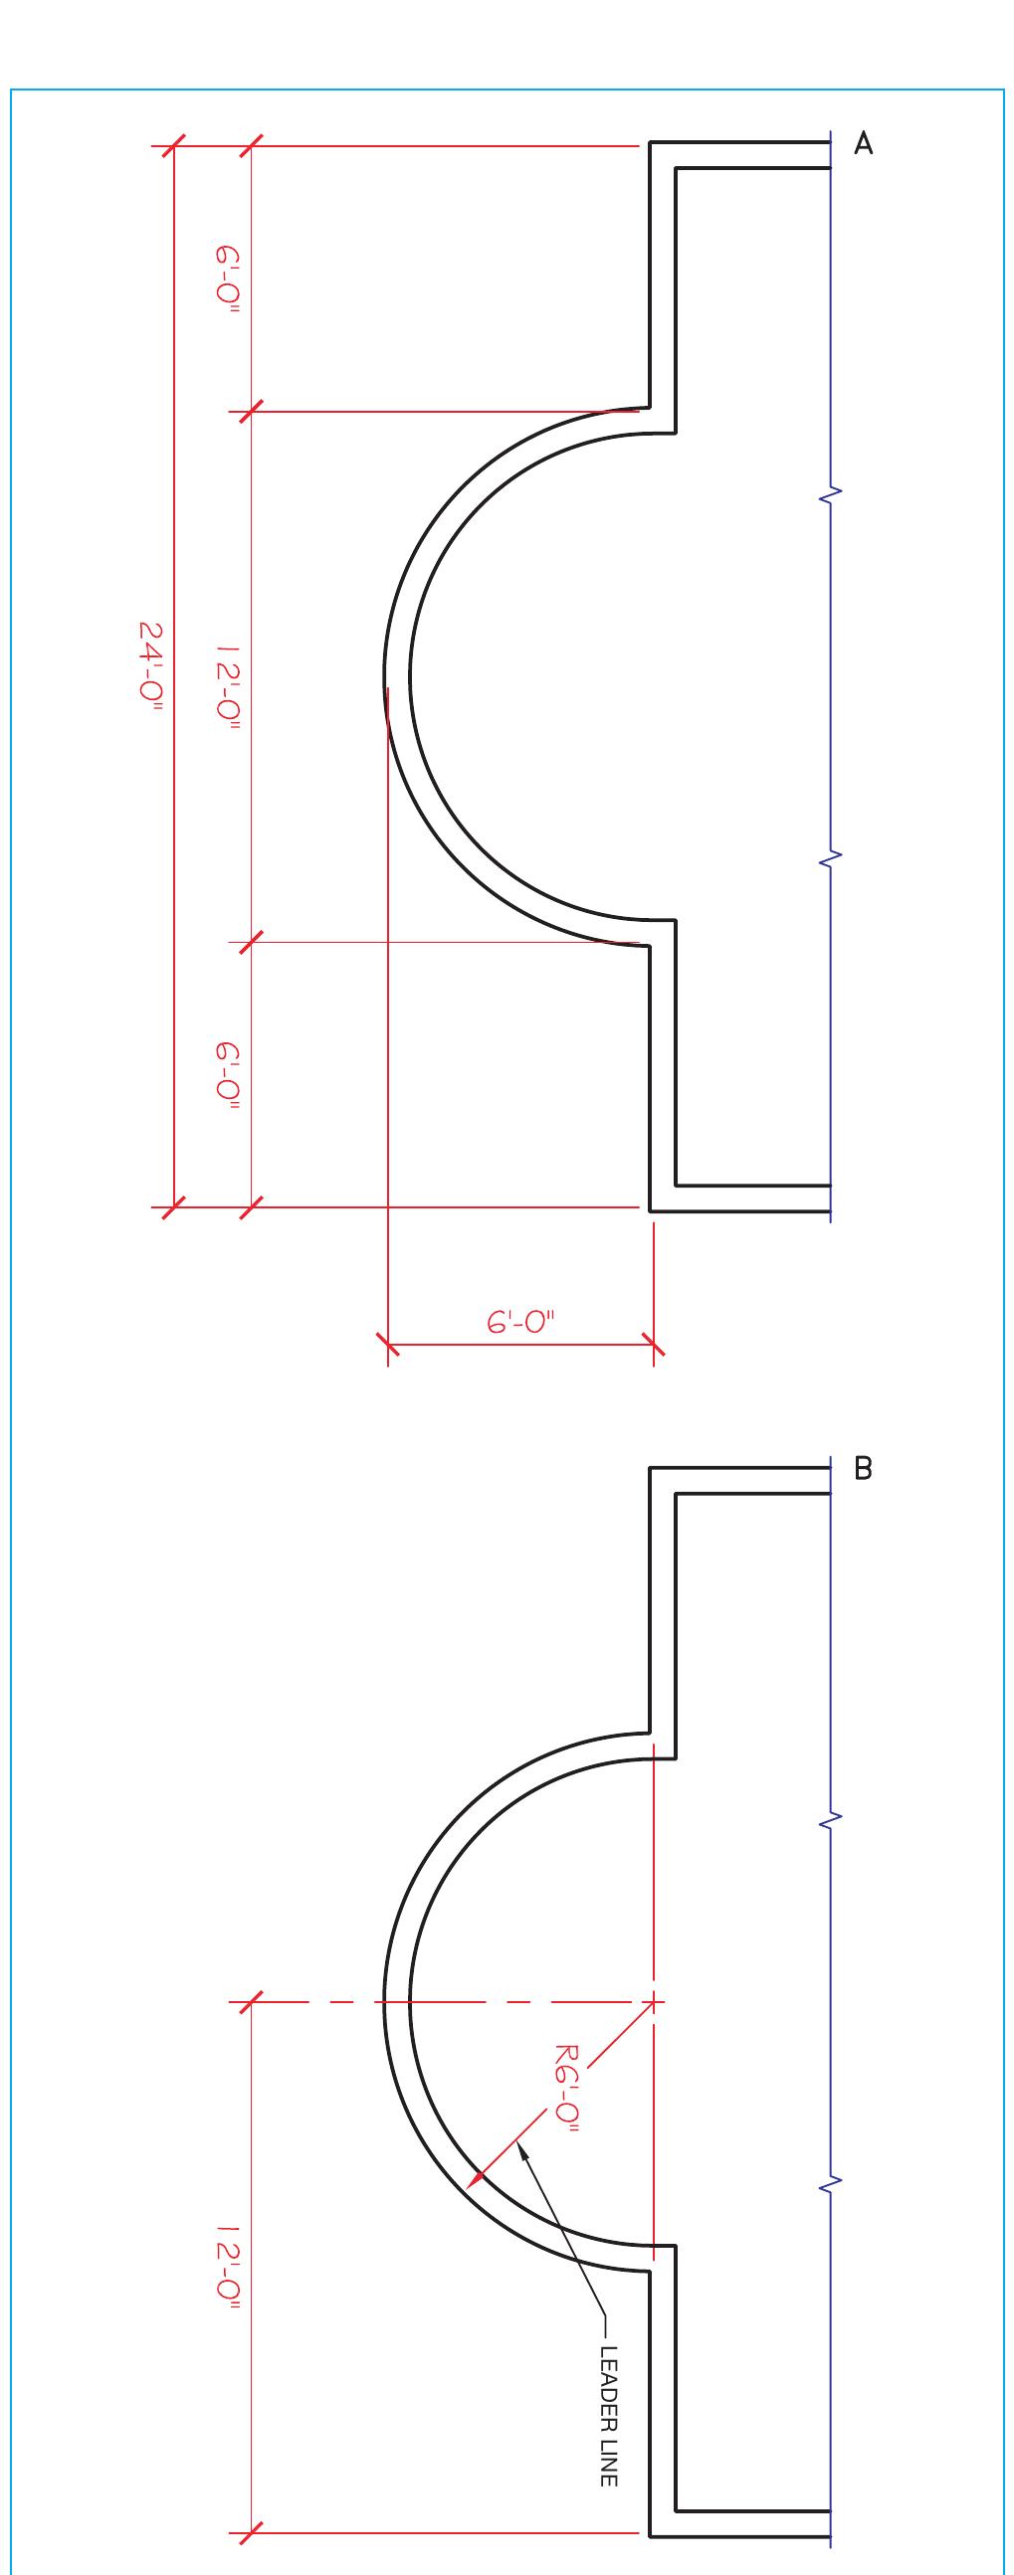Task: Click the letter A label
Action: click(x=863, y=145)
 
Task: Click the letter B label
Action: click(x=863, y=1469)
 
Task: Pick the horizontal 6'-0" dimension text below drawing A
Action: click(x=520, y=1323)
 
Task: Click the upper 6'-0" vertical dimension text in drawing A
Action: click(x=228, y=279)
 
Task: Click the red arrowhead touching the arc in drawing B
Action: click(x=478, y=2175)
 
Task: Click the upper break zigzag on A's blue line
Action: click(x=830, y=492)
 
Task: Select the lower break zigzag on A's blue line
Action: click(x=830, y=856)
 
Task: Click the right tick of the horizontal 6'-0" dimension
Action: click(x=653, y=1345)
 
